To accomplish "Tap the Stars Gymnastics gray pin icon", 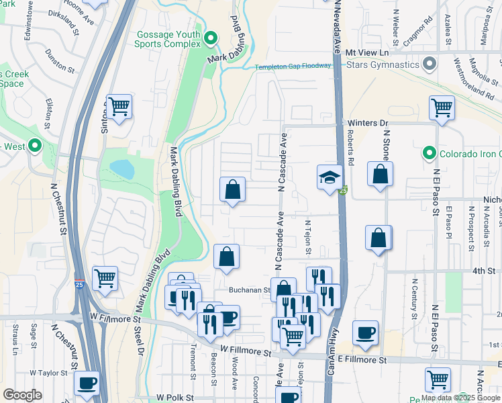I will (x=430, y=65).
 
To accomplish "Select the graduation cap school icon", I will (x=329, y=177).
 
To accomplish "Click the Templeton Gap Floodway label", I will (x=293, y=66).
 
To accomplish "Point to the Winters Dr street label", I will (x=368, y=123).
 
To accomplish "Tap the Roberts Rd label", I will (x=350, y=143).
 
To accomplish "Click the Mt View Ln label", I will (x=367, y=52).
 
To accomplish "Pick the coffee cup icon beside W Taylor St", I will (x=87, y=384).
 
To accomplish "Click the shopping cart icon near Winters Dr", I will (x=441, y=107).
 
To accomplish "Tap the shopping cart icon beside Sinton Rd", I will (x=118, y=106).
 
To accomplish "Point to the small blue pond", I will (x=122, y=169).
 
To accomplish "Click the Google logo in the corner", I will (x=22, y=395).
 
